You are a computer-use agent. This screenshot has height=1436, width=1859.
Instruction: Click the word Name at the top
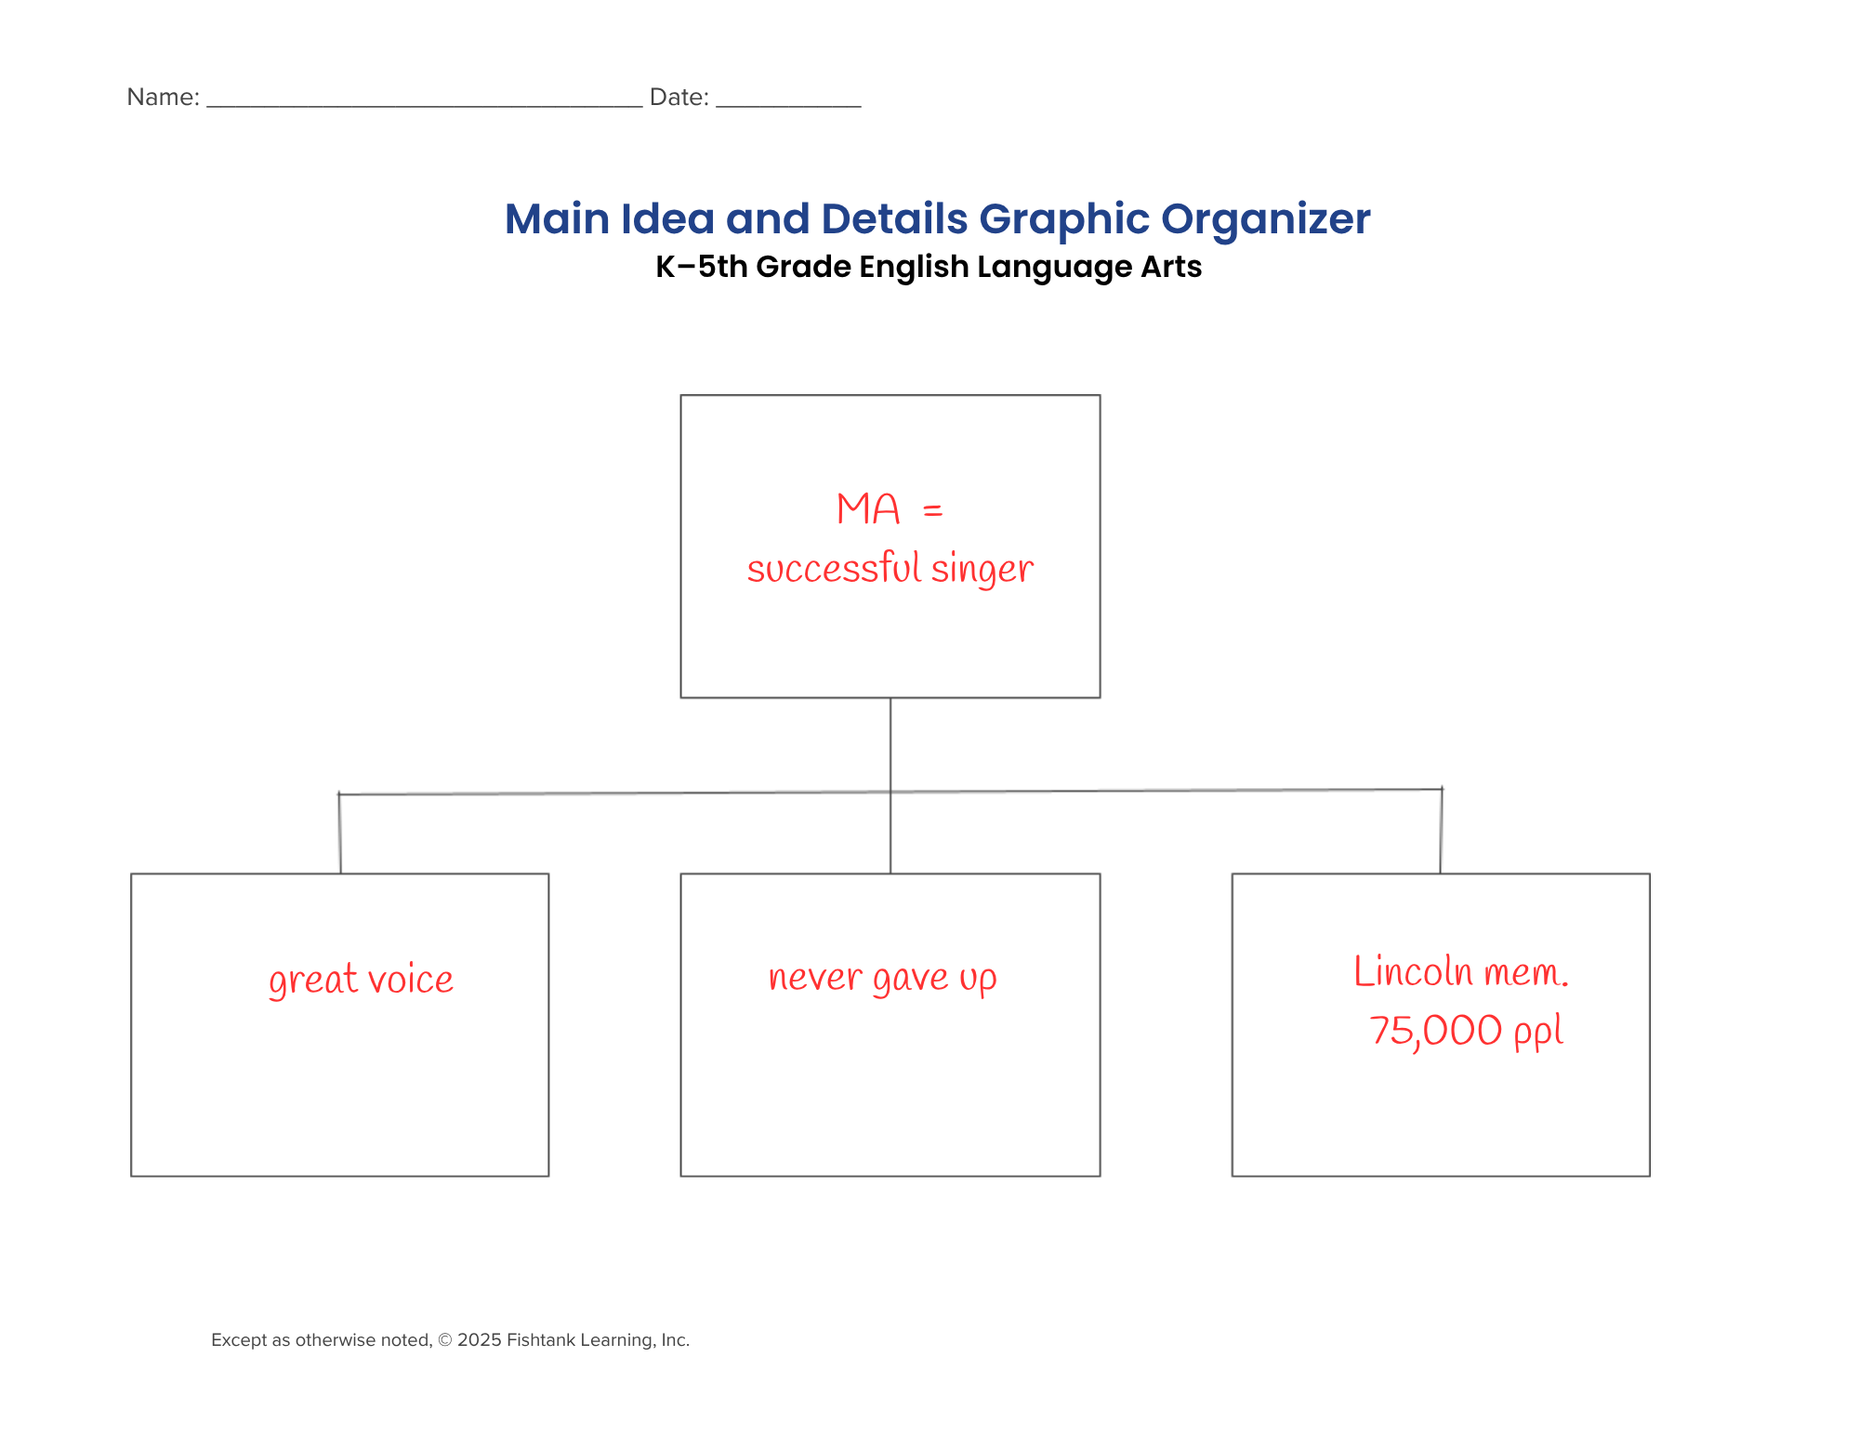point(162,97)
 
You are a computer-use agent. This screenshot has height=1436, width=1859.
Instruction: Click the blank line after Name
point(424,107)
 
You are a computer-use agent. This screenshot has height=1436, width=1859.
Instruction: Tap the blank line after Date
point(788,107)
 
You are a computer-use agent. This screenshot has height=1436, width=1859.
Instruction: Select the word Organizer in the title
point(1265,220)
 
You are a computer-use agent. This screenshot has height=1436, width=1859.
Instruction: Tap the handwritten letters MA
point(868,509)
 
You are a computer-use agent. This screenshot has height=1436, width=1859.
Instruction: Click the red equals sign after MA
point(933,510)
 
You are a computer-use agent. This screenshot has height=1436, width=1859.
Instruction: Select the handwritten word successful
point(834,568)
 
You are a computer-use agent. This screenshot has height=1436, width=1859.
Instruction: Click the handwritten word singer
point(982,569)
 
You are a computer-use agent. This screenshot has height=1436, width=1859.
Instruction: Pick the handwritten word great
point(313,981)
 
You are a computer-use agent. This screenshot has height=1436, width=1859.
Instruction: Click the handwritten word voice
point(411,980)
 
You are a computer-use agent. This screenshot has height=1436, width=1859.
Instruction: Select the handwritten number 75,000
point(1435,1031)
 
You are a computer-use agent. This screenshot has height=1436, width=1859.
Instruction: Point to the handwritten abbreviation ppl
point(1538,1033)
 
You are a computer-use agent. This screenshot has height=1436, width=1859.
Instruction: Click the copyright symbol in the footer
point(444,1340)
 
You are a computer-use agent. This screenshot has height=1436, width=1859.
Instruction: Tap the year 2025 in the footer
point(480,1340)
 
